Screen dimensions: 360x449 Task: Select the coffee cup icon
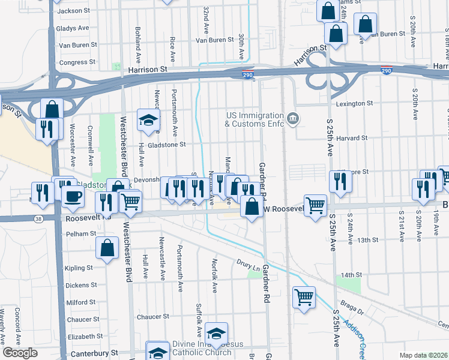pos(73,196)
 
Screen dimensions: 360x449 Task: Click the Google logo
pos(20,353)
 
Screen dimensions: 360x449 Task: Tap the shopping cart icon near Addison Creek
pos(304,296)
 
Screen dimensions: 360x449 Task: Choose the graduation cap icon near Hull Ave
pos(148,120)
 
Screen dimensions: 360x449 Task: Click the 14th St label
pos(350,274)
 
